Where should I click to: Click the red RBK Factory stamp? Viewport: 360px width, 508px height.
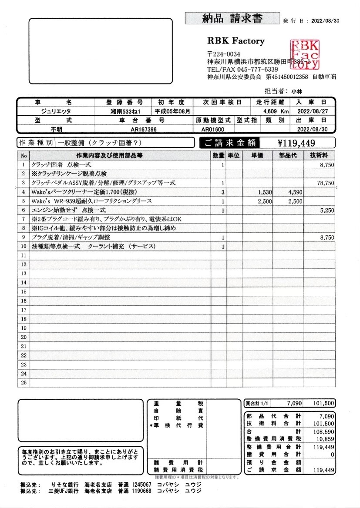305,55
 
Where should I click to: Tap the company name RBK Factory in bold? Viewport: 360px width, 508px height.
236,41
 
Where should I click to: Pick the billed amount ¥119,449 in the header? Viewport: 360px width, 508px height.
296,143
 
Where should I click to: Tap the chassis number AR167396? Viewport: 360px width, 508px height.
144,130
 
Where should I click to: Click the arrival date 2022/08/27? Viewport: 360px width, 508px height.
312,112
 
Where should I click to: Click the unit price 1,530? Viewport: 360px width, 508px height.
265,192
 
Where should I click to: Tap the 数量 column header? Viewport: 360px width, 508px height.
219,156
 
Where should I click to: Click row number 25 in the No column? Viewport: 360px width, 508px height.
24,383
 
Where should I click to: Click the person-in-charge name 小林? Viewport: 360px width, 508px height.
297,91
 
